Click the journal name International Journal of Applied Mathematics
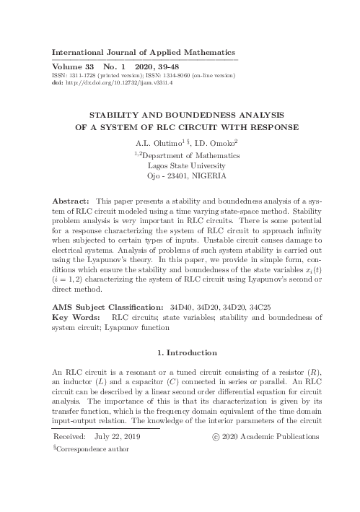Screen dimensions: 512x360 pyautogui.click(x=145, y=53)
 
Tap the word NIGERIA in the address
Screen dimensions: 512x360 pyautogui.click(x=208, y=175)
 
